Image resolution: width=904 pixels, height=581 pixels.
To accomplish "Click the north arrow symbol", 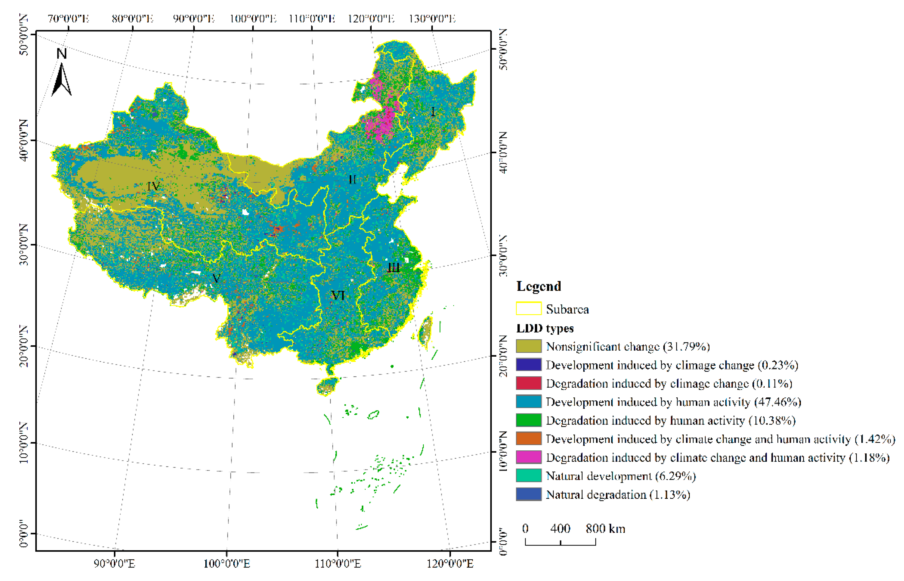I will [x=62, y=80].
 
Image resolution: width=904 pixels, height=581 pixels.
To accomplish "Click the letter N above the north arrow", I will [x=62, y=54].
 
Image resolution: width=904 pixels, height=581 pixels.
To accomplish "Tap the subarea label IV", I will [x=153, y=186].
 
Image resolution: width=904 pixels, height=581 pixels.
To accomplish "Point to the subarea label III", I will [x=393, y=268].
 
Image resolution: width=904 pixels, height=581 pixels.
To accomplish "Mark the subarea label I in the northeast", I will [x=433, y=112].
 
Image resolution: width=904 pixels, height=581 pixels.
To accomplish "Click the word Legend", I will [x=538, y=286].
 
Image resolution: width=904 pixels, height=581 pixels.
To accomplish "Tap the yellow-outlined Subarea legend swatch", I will [x=528, y=309].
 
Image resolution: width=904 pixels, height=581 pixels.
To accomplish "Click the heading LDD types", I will [x=545, y=328].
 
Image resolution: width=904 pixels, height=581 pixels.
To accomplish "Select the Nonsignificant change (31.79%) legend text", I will [x=628, y=346].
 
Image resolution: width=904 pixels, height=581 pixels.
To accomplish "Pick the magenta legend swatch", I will [x=528, y=457].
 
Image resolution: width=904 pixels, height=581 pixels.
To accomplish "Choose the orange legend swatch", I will [x=528, y=439].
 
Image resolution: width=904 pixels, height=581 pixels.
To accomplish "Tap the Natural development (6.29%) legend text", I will [x=620, y=476].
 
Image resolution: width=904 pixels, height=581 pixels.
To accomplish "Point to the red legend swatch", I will [x=528, y=383].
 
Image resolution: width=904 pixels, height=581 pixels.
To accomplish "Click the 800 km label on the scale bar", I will [x=605, y=529].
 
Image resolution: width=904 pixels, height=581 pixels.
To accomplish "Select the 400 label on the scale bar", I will [x=560, y=529].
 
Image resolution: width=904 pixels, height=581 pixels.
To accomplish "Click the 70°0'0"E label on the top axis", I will [x=68, y=19].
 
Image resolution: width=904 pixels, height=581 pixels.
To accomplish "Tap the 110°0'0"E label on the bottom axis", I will [x=337, y=564].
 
